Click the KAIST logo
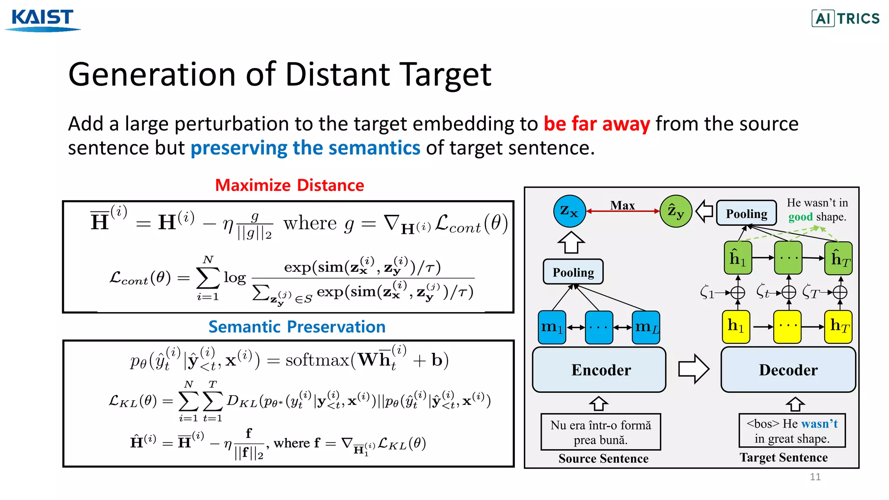point(43,20)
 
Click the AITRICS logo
point(846,18)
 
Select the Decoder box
point(788,370)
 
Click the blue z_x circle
point(570,211)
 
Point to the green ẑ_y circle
point(675,211)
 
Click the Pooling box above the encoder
point(573,272)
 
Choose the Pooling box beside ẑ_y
point(746,213)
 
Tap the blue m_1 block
point(552,327)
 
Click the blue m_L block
point(646,327)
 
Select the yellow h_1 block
point(736,326)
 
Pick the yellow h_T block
point(839,326)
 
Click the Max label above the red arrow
point(622,205)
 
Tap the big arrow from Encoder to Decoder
point(694,369)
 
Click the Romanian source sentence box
point(601,432)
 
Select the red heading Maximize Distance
point(290,185)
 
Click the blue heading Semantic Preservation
point(297,327)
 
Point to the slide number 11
point(815,477)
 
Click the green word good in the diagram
point(800,217)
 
